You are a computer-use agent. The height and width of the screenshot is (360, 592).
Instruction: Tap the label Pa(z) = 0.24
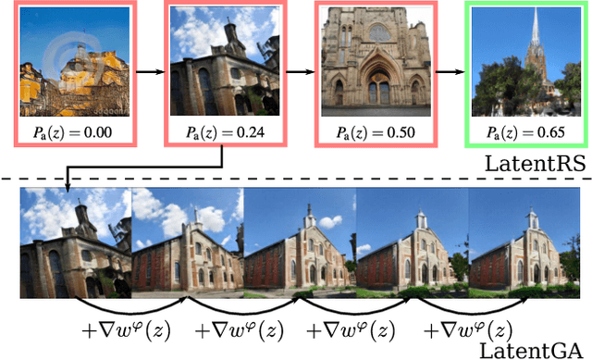(223, 131)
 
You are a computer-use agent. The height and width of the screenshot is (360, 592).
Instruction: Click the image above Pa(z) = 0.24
(223, 62)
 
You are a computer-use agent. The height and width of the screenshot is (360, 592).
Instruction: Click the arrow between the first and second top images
(147, 68)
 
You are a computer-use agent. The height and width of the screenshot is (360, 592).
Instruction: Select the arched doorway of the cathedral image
(378, 85)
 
